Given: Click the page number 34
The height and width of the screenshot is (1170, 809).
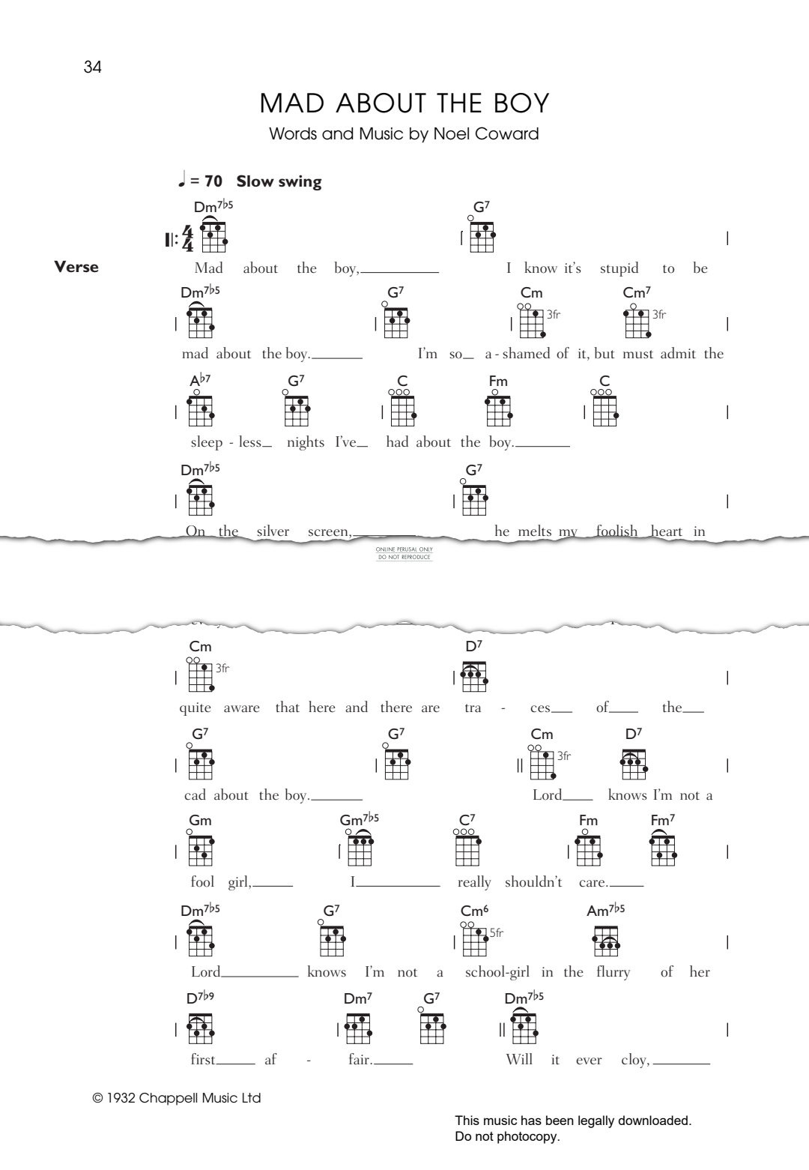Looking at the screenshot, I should coord(93,67).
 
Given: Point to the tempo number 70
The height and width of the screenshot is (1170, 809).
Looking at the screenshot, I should coord(213,181).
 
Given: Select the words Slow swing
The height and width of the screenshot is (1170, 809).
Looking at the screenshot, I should coord(279,181).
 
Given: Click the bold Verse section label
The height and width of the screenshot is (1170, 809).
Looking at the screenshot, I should coord(76,267).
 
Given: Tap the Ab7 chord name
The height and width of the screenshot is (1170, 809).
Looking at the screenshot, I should coord(199,381).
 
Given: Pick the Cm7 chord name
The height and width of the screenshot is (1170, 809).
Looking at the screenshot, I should coord(637,292).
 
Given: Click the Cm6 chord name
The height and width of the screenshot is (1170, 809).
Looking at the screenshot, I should coord(474,911).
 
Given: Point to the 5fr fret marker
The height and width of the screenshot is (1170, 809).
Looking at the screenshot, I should coord(497,933).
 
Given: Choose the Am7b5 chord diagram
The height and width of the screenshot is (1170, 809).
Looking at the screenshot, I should coord(606,941).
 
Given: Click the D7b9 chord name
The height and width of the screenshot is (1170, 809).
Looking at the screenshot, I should coord(199,998).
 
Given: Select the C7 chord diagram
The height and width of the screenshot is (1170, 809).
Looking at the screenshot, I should coord(467,850).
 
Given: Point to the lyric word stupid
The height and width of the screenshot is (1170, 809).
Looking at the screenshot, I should coord(619,268).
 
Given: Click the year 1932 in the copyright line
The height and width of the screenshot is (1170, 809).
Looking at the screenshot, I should coord(121,1098).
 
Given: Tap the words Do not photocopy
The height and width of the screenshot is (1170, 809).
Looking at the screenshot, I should coord(507,1136).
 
